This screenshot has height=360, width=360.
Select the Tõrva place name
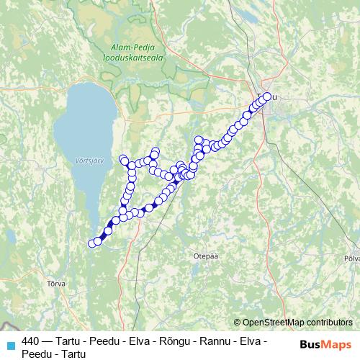point(55,283)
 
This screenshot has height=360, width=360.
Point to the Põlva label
point(351,257)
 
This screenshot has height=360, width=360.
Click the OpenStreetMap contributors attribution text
point(297,323)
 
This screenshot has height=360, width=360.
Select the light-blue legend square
point(9,345)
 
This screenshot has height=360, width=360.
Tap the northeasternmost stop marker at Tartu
point(268,96)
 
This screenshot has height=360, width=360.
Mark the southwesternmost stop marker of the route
point(92,243)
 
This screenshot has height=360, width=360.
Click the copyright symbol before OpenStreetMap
point(238,323)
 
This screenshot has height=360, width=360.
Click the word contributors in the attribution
point(328,323)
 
